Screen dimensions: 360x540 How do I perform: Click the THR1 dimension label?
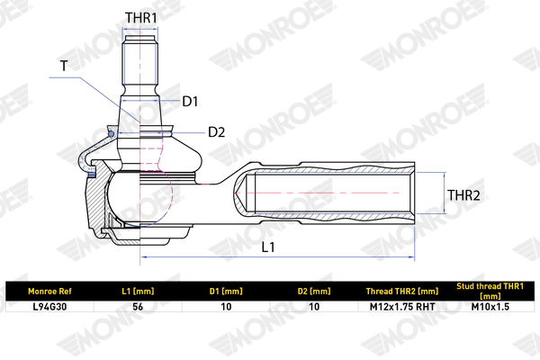pyautogui.click(x=140, y=17)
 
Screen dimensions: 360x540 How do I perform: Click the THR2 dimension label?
pyautogui.click(x=465, y=193)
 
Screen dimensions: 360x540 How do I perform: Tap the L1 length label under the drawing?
pyautogui.click(x=267, y=246)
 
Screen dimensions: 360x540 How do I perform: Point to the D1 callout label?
pyautogui.click(x=190, y=102)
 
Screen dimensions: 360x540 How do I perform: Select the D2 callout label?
pyautogui.click(x=216, y=132)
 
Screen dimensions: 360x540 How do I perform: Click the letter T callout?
pyautogui.click(x=63, y=66)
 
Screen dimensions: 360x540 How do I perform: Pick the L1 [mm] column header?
pyautogui.click(x=138, y=291)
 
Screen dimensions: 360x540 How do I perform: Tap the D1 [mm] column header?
pyautogui.click(x=226, y=291)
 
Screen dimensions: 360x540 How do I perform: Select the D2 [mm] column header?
pyautogui.click(x=314, y=291)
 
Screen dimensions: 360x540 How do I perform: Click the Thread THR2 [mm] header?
pyautogui.click(x=402, y=291)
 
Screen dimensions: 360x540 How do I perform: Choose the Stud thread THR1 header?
pyautogui.click(x=490, y=291)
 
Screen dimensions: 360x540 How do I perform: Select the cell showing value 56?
pyautogui.click(x=138, y=307)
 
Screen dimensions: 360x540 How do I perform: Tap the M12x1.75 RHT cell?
pyautogui.click(x=402, y=307)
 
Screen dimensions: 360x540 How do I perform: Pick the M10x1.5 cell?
pyautogui.click(x=490, y=307)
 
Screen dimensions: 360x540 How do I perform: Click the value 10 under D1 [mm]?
pyautogui.click(x=226, y=307)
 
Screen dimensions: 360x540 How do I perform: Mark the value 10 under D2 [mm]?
pyautogui.click(x=314, y=307)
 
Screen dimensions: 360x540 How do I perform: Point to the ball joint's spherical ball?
pyautogui.click(x=139, y=200)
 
